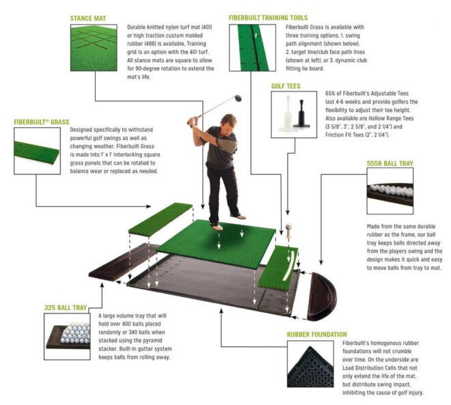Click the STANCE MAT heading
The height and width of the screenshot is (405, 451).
(x=90, y=18)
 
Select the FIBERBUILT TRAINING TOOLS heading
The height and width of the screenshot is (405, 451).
(x=268, y=18)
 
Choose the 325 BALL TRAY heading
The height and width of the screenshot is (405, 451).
(x=67, y=307)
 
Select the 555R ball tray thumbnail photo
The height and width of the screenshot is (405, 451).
(x=390, y=196)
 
